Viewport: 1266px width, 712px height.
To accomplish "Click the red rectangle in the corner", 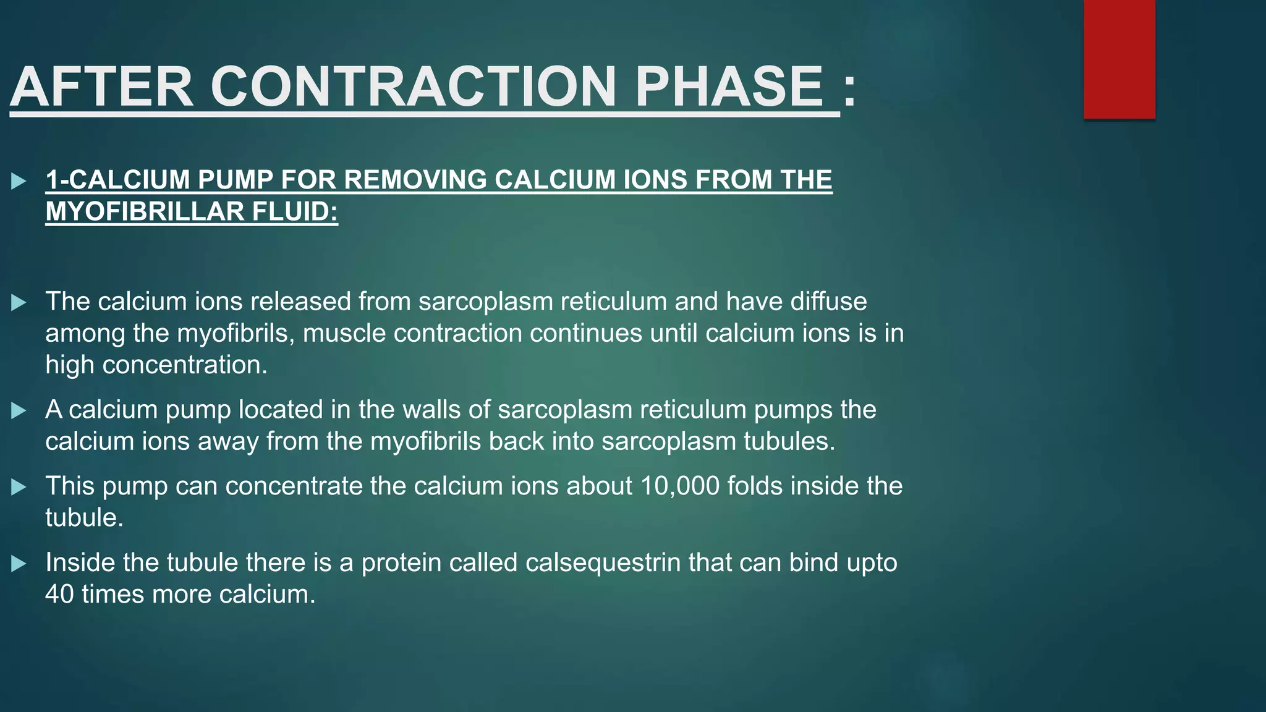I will pyautogui.click(x=1119, y=59).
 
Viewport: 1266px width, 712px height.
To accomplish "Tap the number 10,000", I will pyautogui.click(x=679, y=486).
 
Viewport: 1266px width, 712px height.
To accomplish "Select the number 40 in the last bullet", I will pyautogui.click(x=59, y=594).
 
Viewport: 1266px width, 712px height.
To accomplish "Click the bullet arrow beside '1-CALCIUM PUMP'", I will pyautogui.click(x=19, y=182).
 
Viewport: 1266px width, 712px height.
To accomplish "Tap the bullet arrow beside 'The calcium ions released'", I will pyautogui.click(x=19, y=303).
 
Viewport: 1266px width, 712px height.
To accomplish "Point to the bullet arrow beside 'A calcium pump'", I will pyautogui.click(x=19, y=411).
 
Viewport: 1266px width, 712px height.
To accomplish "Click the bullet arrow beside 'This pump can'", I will pyautogui.click(x=19, y=488).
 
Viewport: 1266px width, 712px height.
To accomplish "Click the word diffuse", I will pyautogui.click(x=829, y=302).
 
